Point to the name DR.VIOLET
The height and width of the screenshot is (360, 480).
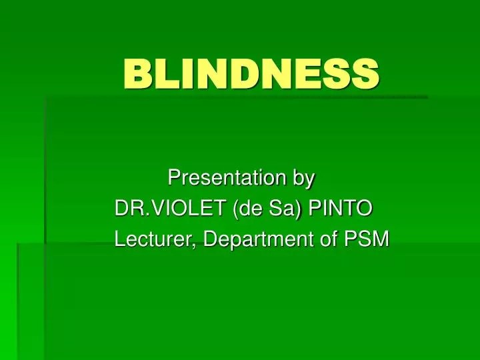[x=171, y=208]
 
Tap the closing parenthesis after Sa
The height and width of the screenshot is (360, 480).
[x=297, y=209]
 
